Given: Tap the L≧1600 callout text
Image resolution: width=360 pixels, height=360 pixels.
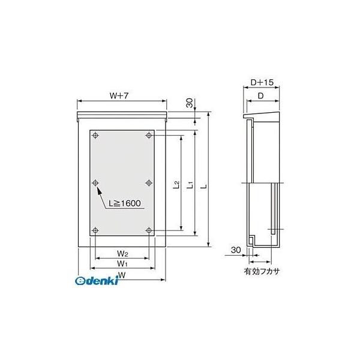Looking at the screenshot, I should pyautogui.click(x=125, y=204).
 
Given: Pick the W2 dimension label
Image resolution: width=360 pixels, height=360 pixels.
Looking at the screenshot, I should pyautogui.click(x=122, y=252).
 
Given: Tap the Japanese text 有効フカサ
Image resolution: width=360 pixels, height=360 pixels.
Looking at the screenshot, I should pyautogui.click(x=262, y=271).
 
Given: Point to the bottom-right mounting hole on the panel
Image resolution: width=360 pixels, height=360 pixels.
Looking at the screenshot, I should pyautogui.click(x=148, y=230).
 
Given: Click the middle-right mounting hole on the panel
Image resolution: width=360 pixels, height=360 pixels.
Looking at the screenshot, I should pyautogui.click(x=148, y=182).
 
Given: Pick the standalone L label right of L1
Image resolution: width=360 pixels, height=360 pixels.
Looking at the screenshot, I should pyautogui.click(x=204, y=186).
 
